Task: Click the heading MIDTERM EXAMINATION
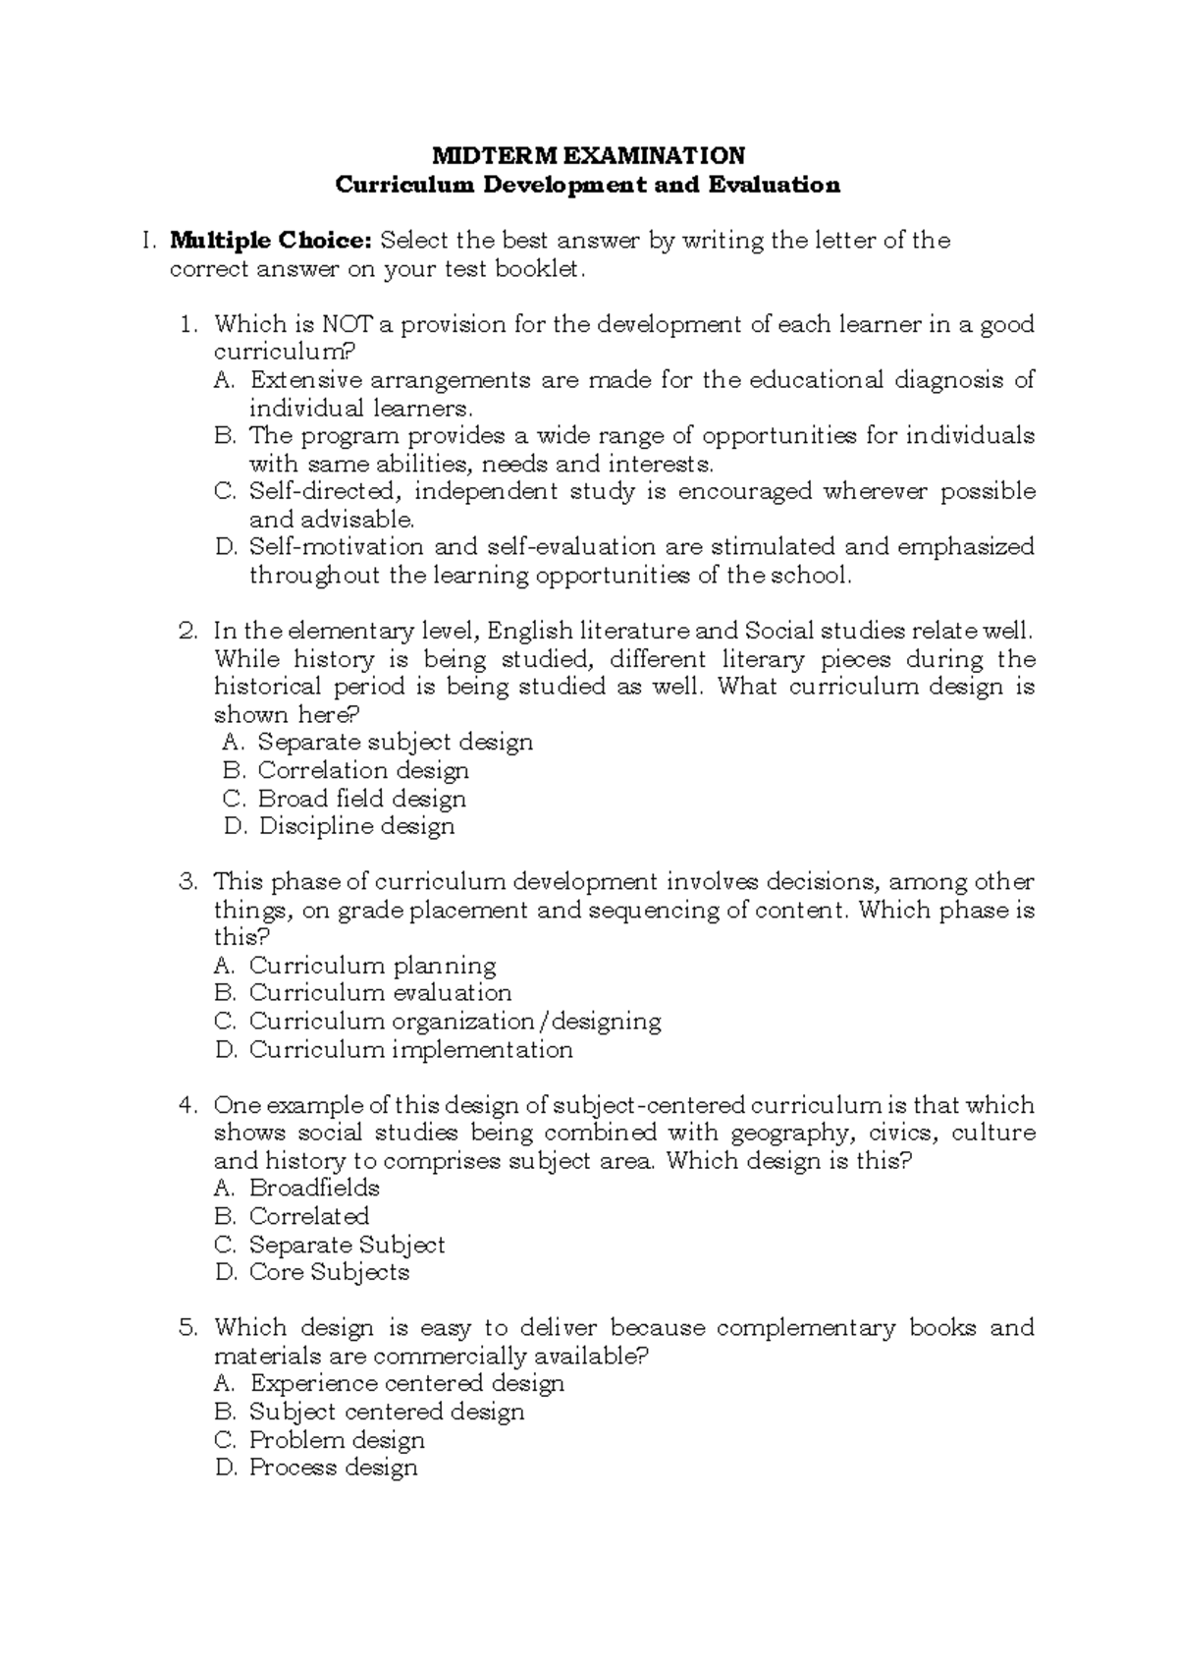(x=589, y=155)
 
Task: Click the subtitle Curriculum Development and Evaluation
(x=588, y=185)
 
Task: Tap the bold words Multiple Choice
(x=270, y=241)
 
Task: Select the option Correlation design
(x=363, y=770)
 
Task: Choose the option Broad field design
(x=361, y=799)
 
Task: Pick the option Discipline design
(x=356, y=826)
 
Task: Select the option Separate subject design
(x=395, y=742)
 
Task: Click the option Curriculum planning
(x=372, y=966)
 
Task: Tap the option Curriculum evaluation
(x=380, y=993)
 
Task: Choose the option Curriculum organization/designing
(x=455, y=1022)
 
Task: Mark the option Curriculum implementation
(x=410, y=1050)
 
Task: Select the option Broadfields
(x=314, y=1189)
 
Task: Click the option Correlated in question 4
(x=308, y=1216)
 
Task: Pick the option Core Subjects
(x=329, y=1272)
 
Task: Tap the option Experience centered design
(x=406, y=1384)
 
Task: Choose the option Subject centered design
(x=387, y=1413)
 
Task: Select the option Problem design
(x=337, y=1440)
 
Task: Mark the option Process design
(x=333, y=1468)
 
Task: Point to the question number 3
(x=188, y=882)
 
